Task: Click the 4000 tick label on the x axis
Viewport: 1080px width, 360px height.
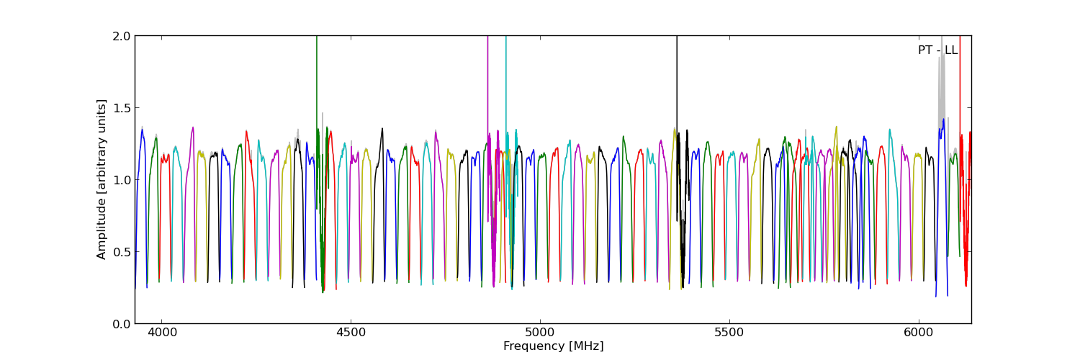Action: [161, 333]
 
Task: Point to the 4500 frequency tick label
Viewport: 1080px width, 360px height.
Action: [351, 333]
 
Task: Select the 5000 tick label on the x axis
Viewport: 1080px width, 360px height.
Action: [540, 333]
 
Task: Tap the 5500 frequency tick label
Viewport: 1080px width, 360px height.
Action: [729, 333]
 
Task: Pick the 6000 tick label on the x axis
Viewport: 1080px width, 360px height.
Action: [919, 333]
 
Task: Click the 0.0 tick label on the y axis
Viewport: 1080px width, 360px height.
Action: [122, 323]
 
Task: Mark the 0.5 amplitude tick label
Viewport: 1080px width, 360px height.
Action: [122, 251]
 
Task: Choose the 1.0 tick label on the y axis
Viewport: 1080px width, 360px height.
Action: [122, 179]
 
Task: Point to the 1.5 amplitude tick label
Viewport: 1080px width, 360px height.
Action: [122, 107]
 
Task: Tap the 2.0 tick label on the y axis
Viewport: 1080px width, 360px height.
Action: [122, 36]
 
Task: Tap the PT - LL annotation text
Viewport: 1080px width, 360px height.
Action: [937, 50]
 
